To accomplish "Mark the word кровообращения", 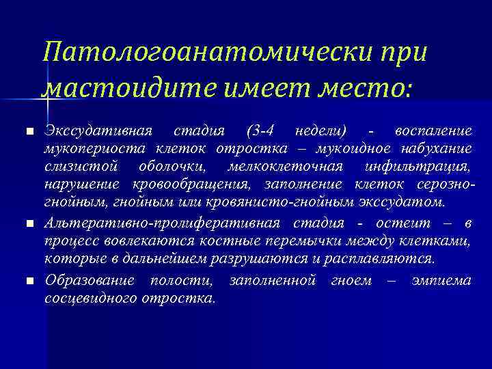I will [x=186, y=184].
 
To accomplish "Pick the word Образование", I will [x=87, y=280].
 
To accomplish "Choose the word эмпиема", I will [x=442, y=280].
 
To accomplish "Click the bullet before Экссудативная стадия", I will [x=27, y=131].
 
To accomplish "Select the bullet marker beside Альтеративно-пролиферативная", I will [x=27, y=223].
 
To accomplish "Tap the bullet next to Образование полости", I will [x=27, y=281].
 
